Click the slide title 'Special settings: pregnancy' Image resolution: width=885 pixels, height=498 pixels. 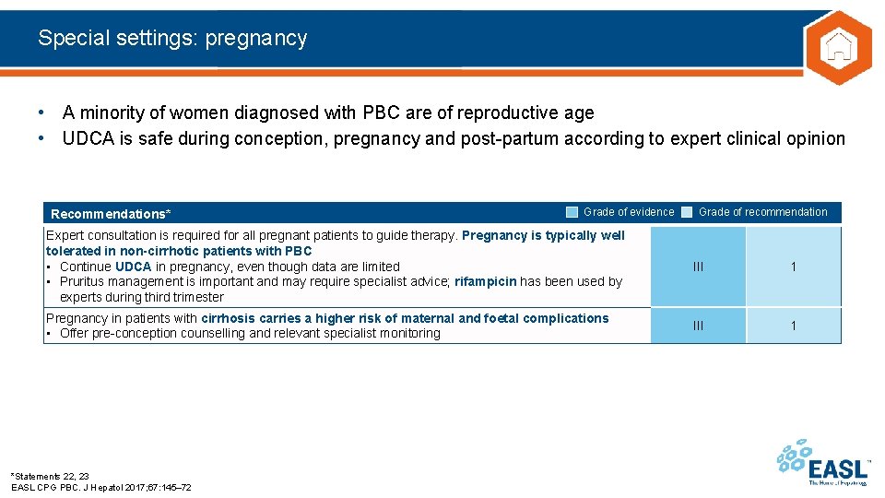coord(172,38)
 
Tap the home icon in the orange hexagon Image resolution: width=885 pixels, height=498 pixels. coord(837,47)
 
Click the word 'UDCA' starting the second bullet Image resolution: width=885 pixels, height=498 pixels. coord(88,138)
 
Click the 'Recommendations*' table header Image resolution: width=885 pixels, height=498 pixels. coord(111,214)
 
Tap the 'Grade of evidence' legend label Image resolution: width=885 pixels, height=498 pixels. coord(629,212)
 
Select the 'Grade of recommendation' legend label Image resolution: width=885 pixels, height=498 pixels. coord(763,212)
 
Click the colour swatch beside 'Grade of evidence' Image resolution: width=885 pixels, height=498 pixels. coord(572,212)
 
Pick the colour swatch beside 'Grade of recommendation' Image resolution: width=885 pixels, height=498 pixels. coord(687,212)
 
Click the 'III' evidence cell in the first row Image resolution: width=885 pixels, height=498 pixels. coord(698,267)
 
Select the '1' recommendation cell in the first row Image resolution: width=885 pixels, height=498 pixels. coord(793,267)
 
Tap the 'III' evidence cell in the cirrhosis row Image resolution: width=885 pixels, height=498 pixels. coord(698,326)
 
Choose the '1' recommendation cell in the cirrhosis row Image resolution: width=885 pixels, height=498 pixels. coord(793,326)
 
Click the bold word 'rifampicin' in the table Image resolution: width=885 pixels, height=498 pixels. coord(485,281)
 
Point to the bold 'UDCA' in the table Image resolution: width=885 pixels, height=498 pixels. coord(134,267)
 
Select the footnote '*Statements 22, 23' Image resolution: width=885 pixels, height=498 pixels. coord(51,476)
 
